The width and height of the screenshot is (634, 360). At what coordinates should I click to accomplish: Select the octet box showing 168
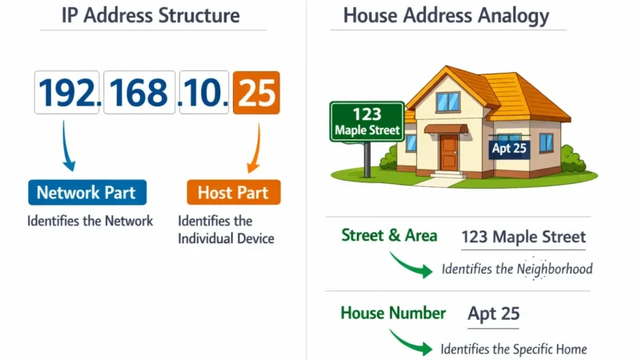138,92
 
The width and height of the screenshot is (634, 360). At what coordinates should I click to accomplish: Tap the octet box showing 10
204,92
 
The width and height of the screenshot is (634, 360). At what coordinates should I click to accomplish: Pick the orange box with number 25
256,92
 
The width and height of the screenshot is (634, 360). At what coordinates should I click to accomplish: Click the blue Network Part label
86,192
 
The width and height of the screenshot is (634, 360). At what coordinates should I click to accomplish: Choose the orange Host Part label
233,192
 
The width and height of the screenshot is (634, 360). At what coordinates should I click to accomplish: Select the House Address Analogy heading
446,15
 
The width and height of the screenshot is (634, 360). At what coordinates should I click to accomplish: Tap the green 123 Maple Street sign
367,122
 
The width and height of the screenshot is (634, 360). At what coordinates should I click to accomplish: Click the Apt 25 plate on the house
510,148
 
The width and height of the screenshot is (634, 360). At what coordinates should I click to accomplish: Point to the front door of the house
448,152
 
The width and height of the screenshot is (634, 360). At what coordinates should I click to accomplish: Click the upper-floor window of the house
447,102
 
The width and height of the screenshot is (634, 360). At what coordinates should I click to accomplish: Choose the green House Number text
392,313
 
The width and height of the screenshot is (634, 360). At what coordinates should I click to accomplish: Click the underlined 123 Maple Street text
524,237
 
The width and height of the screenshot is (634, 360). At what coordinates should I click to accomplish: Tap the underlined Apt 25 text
493,314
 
